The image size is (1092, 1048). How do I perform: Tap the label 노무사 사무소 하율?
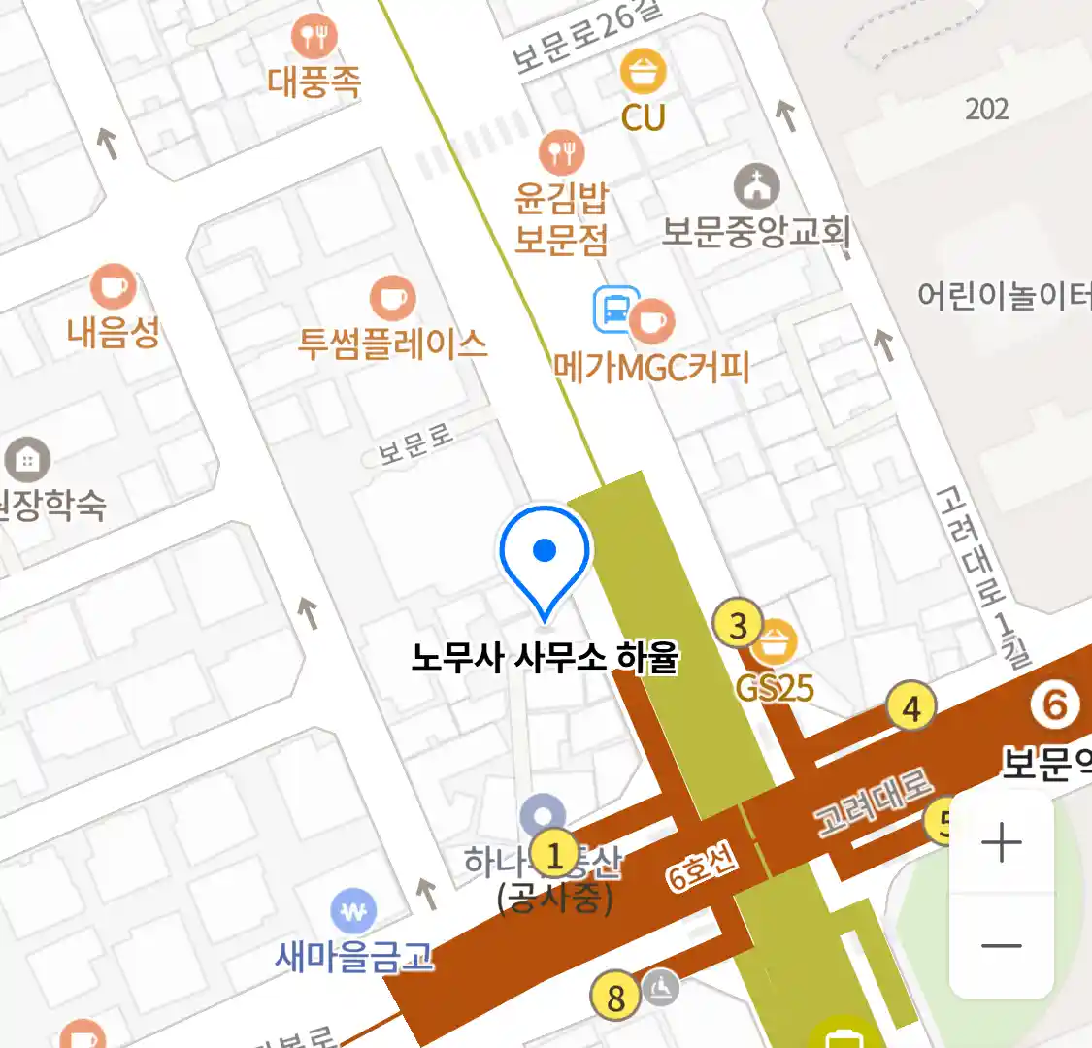[545, 659]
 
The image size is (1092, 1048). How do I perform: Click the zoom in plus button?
[1001, 842]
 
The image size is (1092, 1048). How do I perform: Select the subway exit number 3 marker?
[738, 626]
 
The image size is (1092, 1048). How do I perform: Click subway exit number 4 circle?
[910, 708]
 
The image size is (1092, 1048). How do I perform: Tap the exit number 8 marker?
[615, 997]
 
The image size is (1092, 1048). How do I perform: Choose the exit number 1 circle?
[554, 856]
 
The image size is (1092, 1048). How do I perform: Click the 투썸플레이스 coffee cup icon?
[392, 298]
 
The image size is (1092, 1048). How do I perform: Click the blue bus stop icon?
[616, 310]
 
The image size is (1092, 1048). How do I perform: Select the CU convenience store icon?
[643, 71]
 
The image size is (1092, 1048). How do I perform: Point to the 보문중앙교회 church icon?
[756, 186]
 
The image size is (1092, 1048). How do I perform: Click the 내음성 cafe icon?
[113, 287]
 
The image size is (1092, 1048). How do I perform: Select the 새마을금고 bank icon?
[354, 911]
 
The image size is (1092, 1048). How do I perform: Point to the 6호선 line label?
[702, 867]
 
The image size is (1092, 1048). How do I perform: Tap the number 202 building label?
[987, 109]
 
